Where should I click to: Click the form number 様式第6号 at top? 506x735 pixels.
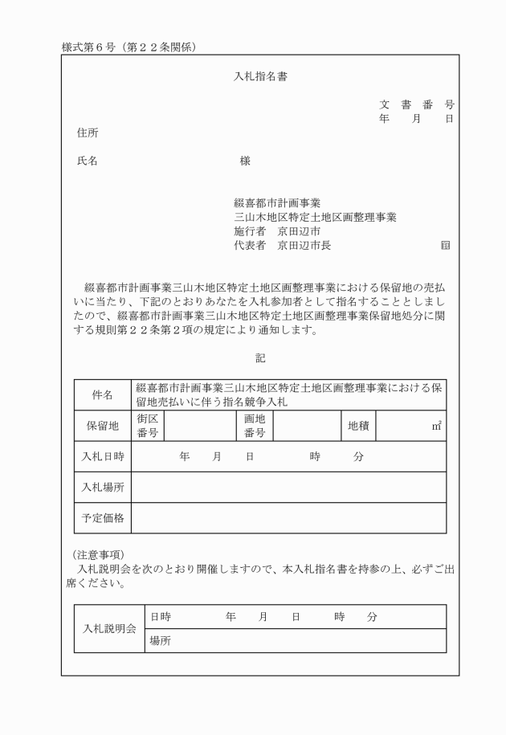pos(89,47)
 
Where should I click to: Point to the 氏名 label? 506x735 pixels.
pos(88,161)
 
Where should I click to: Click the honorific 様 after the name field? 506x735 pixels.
pos(245,161)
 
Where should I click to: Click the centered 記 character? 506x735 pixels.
pos(260,357)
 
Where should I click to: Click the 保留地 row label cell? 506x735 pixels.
pos(103,426)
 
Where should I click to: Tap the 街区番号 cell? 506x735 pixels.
pos(147,426)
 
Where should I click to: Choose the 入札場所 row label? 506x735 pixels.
pos(103,487)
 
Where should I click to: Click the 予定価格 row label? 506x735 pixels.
pos(103,518)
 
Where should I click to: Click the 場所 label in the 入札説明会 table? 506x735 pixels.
pos(161,641)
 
